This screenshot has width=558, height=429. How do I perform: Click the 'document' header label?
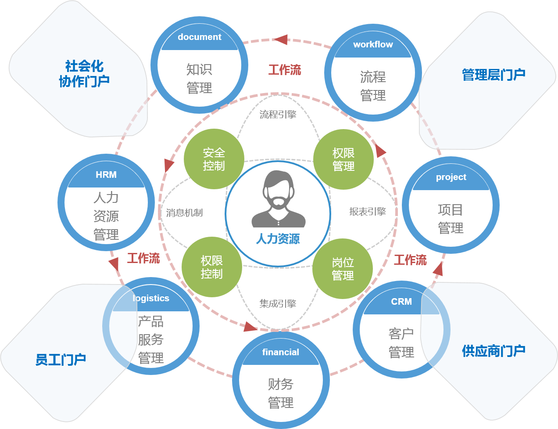(199, 37)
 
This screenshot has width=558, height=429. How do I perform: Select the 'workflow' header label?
(373, 45)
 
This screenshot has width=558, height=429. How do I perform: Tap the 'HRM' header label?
(106, 175)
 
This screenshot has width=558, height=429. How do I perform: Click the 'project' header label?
(451, 177)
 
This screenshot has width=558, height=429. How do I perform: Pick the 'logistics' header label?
(151, 299)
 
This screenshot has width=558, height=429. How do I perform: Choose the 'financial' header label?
(281, 352)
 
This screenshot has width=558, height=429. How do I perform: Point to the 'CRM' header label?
(401, 302)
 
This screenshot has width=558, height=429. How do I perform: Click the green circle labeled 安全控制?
(214, 159)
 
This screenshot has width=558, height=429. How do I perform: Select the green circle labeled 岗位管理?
(343, 269)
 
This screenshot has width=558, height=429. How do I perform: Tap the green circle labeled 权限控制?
(212, 267)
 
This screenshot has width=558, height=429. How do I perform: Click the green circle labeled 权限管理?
(343, 159)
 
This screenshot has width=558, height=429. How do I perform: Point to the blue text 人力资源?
(278, 239)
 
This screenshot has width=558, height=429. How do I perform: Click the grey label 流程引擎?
(278, 115)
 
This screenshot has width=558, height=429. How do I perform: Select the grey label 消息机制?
(185, 213)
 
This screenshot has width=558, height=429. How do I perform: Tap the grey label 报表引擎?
(368, 212)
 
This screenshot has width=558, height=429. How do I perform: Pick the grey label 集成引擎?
(278, 303)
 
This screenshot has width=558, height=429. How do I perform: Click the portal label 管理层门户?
(494, 75)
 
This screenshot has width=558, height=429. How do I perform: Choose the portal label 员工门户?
(61, 360)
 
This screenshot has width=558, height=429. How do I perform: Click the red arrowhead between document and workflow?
(281, 40)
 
